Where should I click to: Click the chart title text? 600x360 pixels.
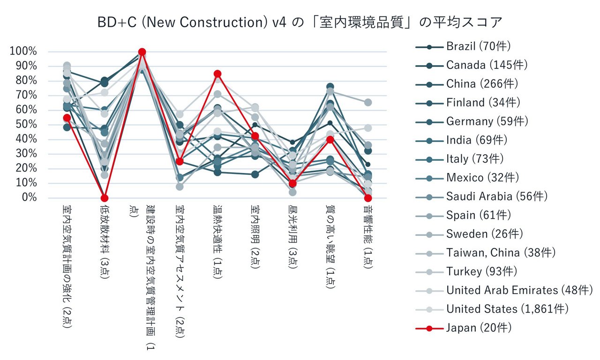(x=300, y=22)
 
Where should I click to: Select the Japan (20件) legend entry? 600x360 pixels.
(x=478, y=328)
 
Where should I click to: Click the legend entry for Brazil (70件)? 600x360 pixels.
(x=478, y=46)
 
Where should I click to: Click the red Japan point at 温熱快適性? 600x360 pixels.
(x=217, y=74)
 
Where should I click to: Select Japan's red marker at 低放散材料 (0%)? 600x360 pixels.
(x=104, y=198)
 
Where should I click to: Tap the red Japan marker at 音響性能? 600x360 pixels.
(x=368, y=198)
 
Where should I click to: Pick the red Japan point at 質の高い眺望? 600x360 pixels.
(x=330, y=139)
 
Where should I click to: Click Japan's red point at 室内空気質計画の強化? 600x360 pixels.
(x=67, y=118)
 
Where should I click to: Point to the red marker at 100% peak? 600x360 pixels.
(x=142, y=52)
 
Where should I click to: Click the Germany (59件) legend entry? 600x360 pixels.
(x=487, y=121)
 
